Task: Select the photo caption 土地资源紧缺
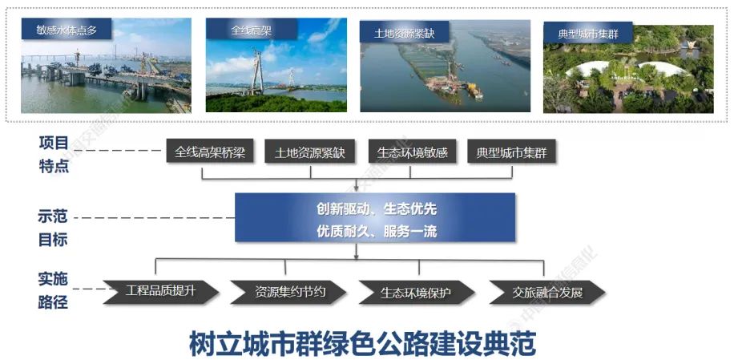[404, 34]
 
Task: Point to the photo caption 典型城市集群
[588, 34]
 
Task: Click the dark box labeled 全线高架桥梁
[210, 152]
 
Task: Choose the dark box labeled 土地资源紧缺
[310, 152]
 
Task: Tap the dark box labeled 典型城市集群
[512, 152]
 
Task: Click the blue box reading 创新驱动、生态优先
[375, 217]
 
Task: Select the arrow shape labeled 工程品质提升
[161, 292]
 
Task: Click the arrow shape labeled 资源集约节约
[288, 292]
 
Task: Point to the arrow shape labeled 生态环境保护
[417, 292]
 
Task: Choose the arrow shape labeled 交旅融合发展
[546, 292]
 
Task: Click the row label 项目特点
[54, 155]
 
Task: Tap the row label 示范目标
[53, 229]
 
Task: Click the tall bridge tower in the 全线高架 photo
[257, 71]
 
